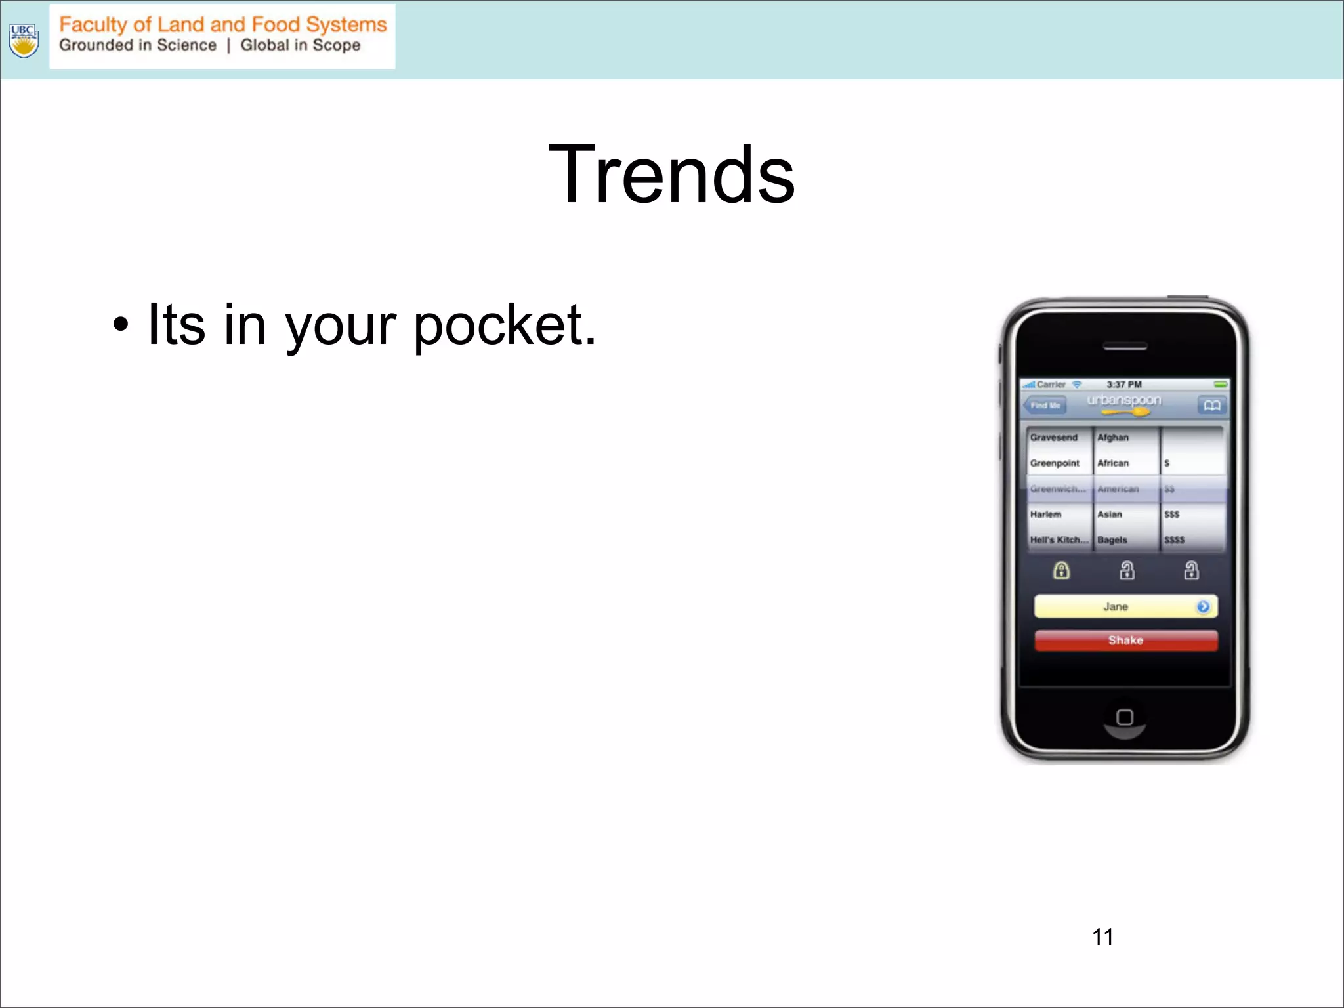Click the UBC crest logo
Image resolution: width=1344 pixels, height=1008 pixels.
tap(24, 40)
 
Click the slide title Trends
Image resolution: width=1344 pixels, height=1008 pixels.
tap(671, 175)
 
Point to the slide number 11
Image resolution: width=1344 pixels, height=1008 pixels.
tap(1102, 936)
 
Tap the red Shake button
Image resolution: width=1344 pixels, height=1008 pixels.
tap(1125, 640)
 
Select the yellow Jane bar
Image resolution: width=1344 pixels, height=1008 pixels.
tap(1116, 607)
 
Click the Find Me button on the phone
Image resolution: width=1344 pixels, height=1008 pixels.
tap(1045, 406)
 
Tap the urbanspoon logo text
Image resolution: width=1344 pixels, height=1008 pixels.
tap(1123, 400)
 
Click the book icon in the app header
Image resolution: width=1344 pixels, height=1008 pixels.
tap(1211, 406)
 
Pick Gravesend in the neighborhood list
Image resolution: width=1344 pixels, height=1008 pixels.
tap(1053, 438)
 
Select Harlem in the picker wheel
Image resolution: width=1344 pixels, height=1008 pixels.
tap(1045, 514)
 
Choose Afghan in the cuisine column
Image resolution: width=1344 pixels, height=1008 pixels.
tap(1113, 438)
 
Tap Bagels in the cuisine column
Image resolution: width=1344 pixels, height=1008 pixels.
tap(1112, 540)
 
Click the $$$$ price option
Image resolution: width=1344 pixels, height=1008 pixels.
tap(1174, 540)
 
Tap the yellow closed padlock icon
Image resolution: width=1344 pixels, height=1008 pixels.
tap(1061, 570)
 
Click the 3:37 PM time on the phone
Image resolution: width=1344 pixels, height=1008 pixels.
tap(1124, 385)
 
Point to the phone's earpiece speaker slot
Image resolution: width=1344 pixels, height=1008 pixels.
tap(1125, 346)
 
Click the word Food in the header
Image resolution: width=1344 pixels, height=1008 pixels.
tap(276, 25)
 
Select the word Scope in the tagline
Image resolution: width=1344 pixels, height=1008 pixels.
tap(336, 45)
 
